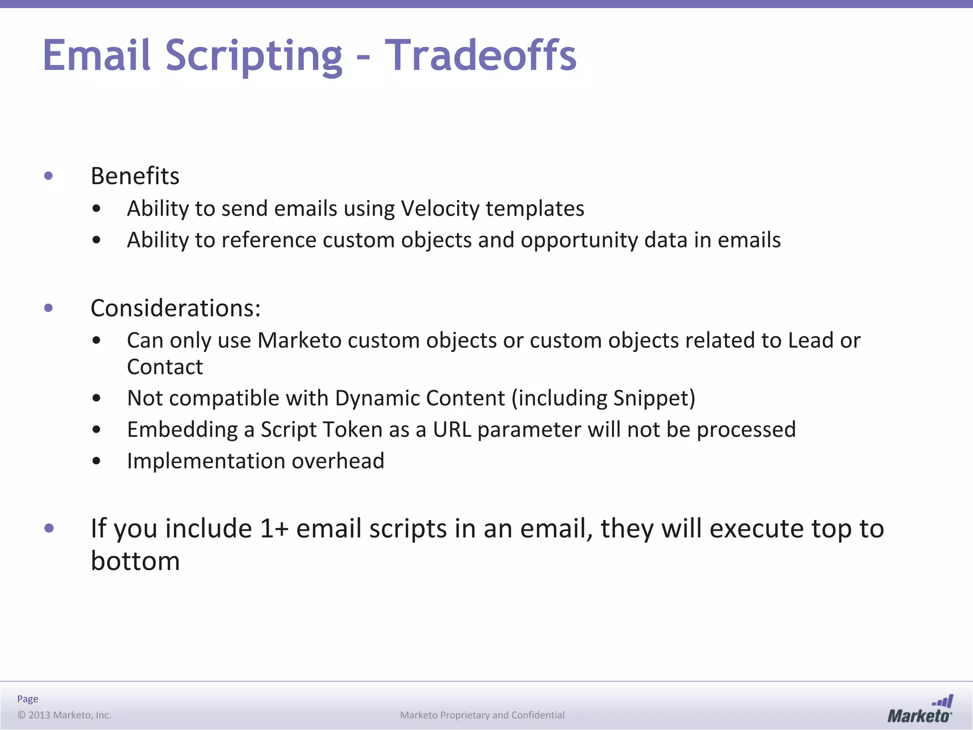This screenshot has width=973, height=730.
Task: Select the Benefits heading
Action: point(135,176)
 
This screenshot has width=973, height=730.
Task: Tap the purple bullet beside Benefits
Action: point(48,176)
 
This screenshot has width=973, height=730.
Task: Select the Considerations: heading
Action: point(175,308)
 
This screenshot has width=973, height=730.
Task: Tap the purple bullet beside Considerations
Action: point(48,308)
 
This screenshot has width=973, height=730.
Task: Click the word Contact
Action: point(165,367)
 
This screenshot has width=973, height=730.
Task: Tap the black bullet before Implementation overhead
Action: point(97,461)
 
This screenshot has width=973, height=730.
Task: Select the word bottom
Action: point(135,561)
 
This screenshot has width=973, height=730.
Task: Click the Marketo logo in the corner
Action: point(919,709)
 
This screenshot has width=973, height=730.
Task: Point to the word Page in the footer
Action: point(28,699)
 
